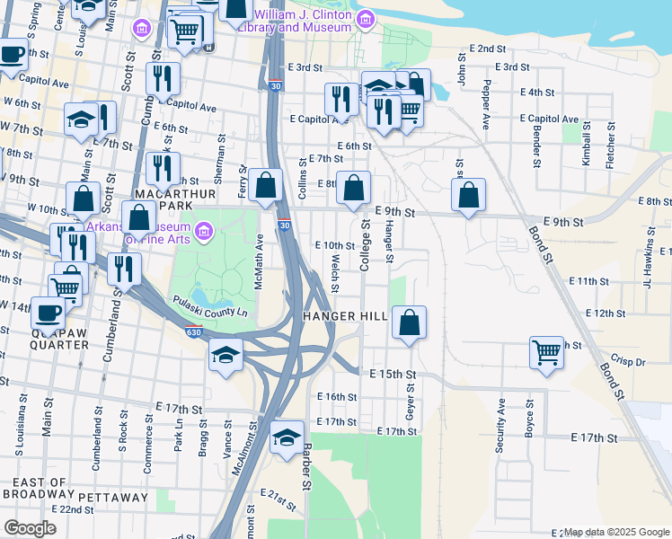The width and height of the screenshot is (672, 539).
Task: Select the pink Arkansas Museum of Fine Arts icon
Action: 204,233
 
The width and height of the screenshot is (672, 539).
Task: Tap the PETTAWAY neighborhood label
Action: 112,497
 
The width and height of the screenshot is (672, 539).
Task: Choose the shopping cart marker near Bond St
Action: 546,351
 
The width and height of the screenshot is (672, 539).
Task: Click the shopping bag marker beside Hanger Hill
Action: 409,323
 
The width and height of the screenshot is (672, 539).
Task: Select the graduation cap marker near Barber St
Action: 287,437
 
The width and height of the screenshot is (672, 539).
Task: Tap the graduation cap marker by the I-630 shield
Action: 226,353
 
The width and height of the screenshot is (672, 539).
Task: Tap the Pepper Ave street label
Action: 486,105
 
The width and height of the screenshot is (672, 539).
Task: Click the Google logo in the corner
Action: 31,528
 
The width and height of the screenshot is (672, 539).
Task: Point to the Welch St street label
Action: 334,272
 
